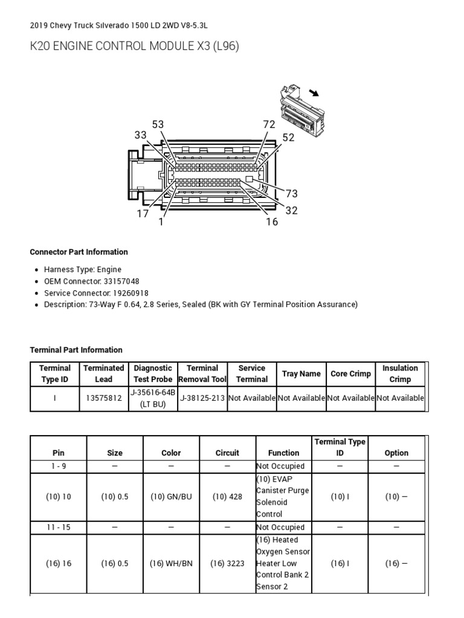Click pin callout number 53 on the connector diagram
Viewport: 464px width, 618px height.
coord(158,124)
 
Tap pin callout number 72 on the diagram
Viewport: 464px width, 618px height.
coord(269,124)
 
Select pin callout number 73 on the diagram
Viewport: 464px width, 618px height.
coord(292,194)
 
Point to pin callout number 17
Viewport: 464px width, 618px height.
coord(143,214)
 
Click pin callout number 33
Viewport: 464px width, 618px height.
coord(141,135)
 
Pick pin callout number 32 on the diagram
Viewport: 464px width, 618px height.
coord(292,210)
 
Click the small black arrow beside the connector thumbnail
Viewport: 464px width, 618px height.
coord(314,92)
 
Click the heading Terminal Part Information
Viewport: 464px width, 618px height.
coord(76,350)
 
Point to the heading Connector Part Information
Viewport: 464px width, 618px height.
coord(79,252)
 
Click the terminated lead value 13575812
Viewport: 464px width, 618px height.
coord(103,398)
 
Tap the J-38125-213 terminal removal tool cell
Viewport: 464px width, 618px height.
coord(202,398)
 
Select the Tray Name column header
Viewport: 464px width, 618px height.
coord(301,374)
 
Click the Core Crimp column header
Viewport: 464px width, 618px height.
coord(350,374)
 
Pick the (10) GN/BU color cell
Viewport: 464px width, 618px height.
coord(171,497)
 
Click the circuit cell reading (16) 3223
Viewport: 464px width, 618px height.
coord(227,564)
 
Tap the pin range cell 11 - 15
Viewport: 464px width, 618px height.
coord(59,527)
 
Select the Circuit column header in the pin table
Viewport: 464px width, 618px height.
coord(227,453)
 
